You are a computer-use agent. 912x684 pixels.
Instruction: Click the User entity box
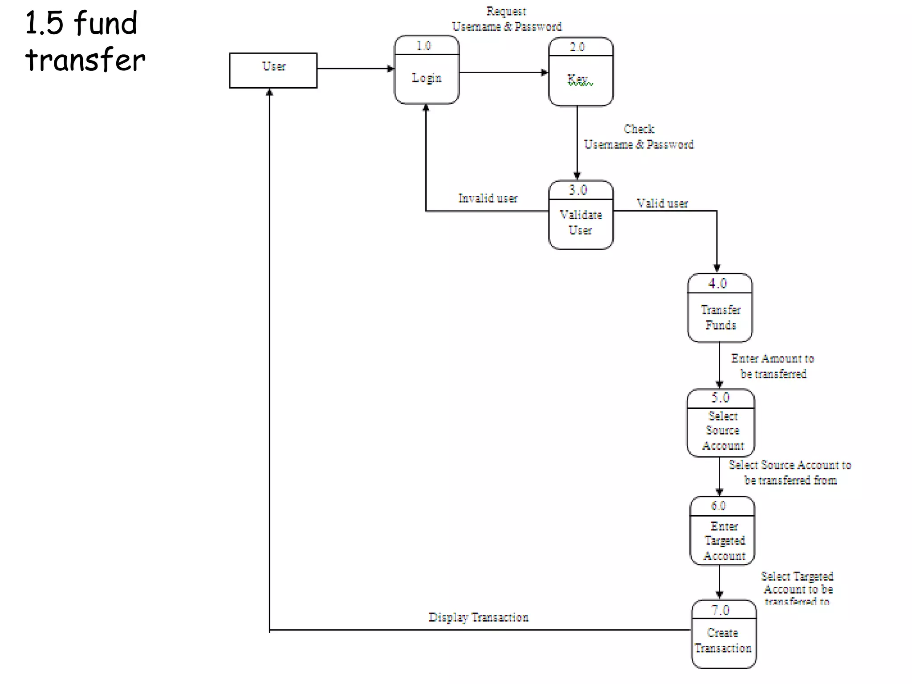(x=273, y=70)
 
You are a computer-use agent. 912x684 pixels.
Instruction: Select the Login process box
(x=427, y=70)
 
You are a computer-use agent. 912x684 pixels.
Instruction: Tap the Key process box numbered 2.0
(x=581, y=72)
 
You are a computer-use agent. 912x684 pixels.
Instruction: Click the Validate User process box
(x=581, y=215)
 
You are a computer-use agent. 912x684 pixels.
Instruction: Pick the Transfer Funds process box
(x=720, y=308)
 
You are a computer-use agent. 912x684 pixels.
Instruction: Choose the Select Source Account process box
(x=721, y=423)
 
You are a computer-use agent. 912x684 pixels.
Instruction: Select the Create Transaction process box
(x=724, y=634)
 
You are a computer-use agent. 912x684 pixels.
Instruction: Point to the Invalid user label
(x=488, y=198)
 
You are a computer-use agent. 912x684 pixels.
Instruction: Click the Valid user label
(x=662, y=204)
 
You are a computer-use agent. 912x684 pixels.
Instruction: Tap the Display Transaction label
(x=478, y=617)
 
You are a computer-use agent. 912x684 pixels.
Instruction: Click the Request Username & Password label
(x=507, y=19)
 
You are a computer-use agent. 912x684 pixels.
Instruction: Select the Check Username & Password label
(x=639, y=137)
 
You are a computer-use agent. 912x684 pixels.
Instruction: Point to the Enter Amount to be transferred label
(x=773, y=366)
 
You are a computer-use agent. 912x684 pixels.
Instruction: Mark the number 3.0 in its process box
(x=578, y=190)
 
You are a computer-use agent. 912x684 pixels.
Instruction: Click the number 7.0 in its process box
(x=720, y=610)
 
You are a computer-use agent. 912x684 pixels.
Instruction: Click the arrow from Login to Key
(x=503, y=72)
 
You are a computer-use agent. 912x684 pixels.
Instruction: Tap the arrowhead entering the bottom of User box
(x=269, y=92)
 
